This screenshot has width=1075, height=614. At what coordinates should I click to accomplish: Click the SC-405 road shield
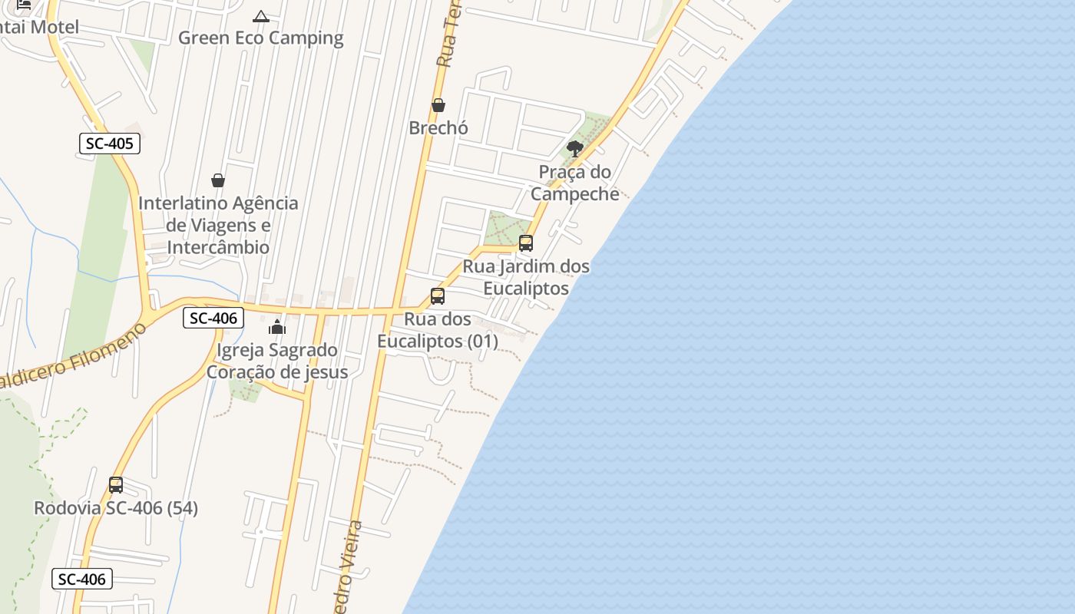(x=110, y=144)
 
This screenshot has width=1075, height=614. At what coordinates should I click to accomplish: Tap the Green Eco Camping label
(x=260, y=38)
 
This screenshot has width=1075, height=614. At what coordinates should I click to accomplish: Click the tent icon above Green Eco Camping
(x=261, y=16)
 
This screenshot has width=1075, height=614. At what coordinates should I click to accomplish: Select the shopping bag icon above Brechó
(x=438, y=104)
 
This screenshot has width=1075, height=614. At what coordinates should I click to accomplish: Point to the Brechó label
(x=438, y=127)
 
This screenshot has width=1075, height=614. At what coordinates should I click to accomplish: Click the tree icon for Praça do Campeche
(x=574, y=148)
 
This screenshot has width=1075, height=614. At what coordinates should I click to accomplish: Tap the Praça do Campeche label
(x=574, y=183)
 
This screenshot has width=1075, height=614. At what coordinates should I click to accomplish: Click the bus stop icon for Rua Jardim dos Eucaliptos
(x=526, y=243)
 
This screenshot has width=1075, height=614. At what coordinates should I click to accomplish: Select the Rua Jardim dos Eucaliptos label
(x=526, y=277)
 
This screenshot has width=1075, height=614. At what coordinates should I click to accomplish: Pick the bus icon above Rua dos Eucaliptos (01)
(x=438, y=295)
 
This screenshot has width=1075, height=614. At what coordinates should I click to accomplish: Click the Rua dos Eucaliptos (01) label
(x=438, y=330)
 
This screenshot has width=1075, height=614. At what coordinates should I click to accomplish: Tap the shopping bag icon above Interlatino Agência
(x=218, y=180)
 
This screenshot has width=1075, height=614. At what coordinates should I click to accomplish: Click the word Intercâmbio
(x=218, y=247)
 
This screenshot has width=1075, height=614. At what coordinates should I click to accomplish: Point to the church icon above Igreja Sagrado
(x=277, y=327)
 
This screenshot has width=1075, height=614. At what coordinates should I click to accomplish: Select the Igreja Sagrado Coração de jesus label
(x=276, y=361)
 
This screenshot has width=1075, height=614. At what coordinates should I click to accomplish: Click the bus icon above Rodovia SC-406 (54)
(x=116, y=484)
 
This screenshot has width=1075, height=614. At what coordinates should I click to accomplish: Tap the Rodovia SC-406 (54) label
(x=116, y=508)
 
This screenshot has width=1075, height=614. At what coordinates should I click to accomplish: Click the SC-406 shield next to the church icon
(x=213, y=318)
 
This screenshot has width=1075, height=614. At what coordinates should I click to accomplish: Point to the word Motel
(x=55, y=27)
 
